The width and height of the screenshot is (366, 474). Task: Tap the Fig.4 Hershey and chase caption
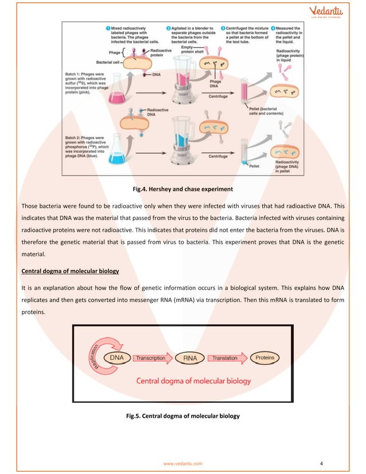(x=183, y=187)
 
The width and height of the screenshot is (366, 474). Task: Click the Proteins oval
(x=264, y=358)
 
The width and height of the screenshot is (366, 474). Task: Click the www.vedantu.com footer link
(x=183, y=462)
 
